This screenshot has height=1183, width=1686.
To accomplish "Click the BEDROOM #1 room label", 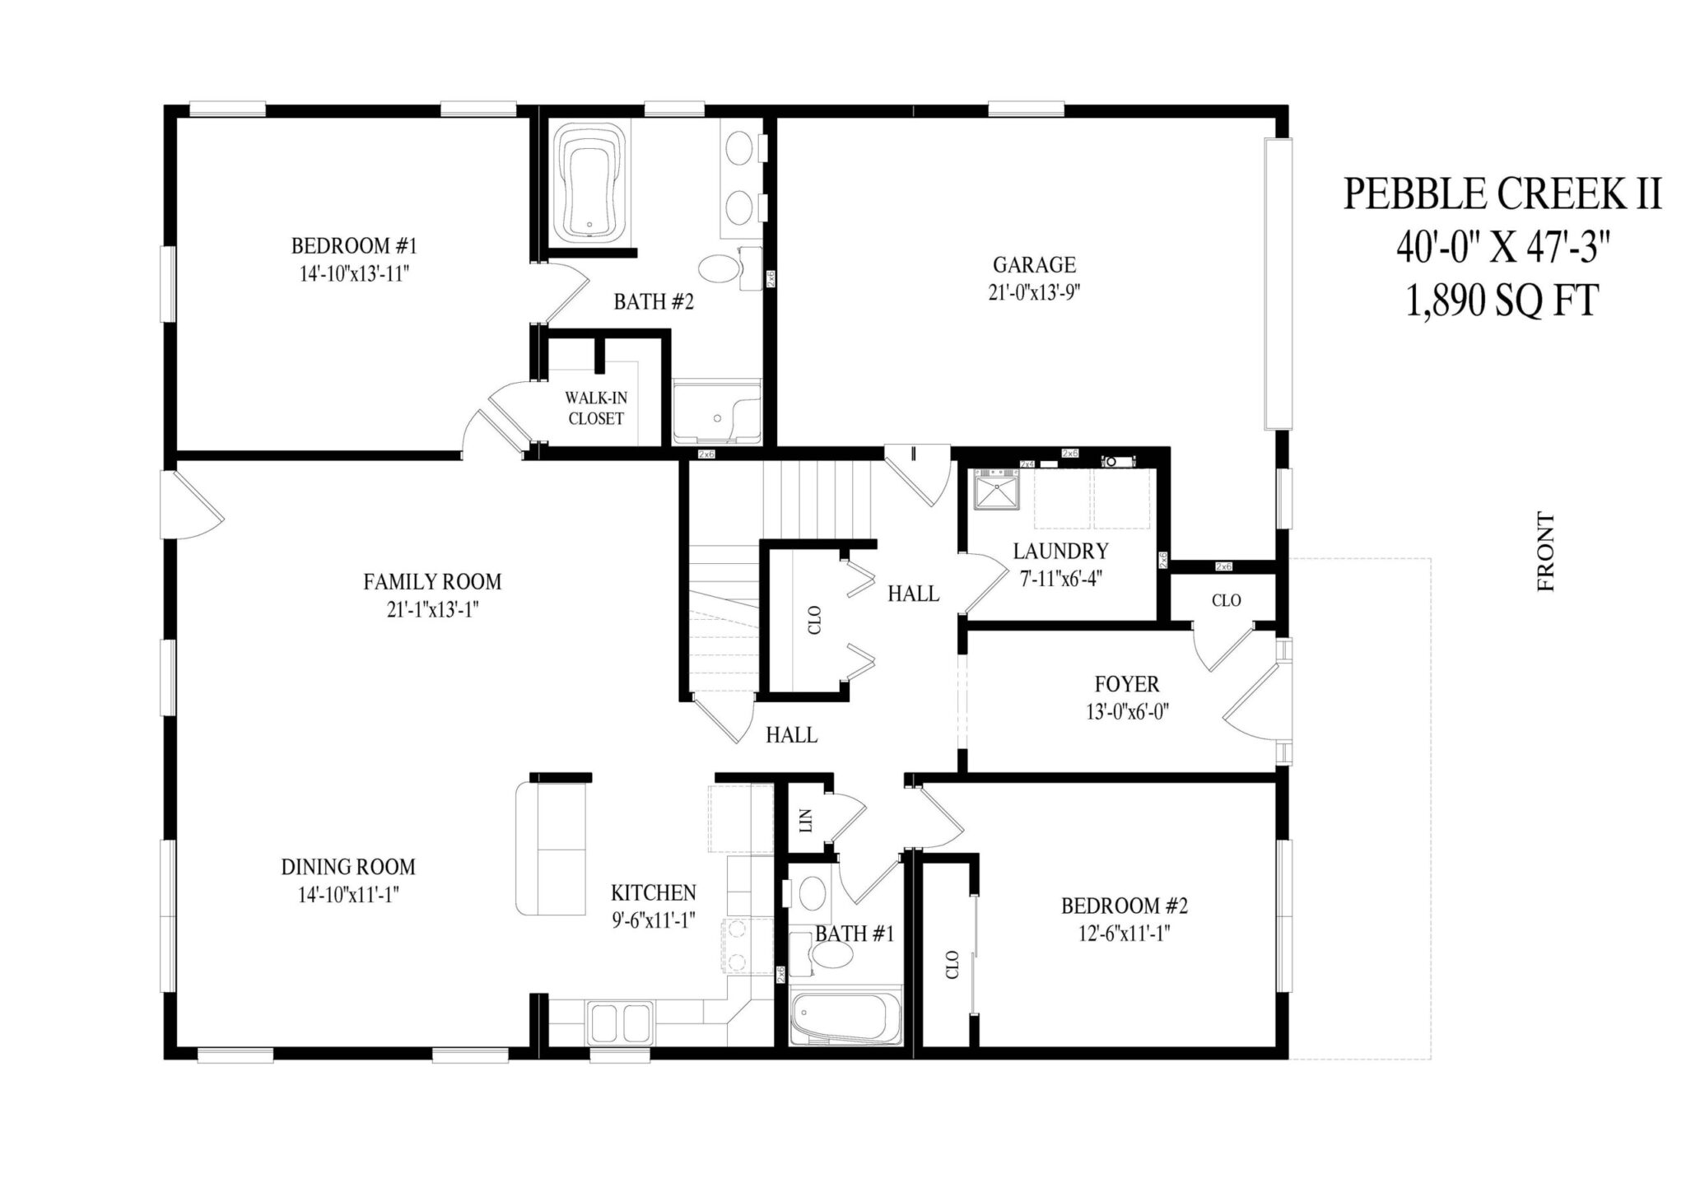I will point(354,245).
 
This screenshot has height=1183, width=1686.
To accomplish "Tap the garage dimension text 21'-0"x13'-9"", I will point(1034,293).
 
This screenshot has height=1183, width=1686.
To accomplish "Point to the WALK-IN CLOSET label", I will point(596,408).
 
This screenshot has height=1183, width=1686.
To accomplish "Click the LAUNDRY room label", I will point(1060,551).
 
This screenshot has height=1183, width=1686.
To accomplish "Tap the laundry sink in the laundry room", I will point(996,490).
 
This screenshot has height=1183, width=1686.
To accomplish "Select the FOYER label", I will point(1127,683).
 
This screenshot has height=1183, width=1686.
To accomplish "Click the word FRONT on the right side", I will point(1546,552).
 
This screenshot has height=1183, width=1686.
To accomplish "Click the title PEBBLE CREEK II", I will point(1502,194).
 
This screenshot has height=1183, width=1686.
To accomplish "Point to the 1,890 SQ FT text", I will point(1502,301).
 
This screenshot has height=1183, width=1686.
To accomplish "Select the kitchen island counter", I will point(551,848).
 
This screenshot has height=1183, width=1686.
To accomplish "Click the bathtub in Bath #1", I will point(844,1018).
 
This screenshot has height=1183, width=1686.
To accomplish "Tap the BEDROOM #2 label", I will point(1124,906).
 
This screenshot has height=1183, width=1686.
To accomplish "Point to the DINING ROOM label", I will point(347,866).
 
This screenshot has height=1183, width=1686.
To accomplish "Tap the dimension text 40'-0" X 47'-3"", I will point(1502,248).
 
